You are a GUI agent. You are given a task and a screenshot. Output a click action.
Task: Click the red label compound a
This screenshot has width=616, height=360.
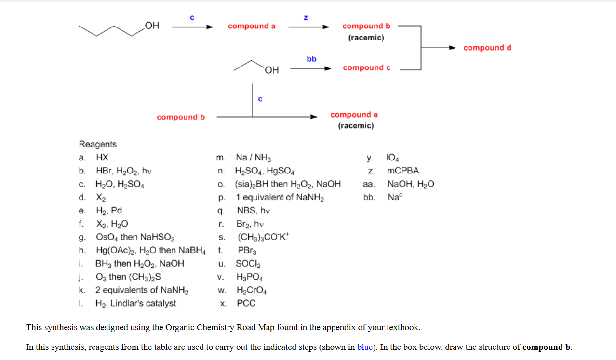[x=252, y=26]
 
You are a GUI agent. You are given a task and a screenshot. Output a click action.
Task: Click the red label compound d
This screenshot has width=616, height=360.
[x=487, y=48]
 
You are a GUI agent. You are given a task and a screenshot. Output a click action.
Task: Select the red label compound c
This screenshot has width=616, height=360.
[x=366, y=68]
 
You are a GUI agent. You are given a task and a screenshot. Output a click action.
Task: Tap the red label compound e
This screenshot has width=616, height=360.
[x=354, y=115]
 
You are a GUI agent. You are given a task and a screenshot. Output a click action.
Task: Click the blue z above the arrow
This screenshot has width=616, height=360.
[x=306, y=18]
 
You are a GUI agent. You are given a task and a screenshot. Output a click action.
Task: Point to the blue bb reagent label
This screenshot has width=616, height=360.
[x=311, y=59]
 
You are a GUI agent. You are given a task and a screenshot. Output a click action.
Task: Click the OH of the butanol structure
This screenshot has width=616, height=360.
[x=152, y=25]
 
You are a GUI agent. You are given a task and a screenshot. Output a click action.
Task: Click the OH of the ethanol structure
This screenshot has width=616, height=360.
[x=272, y=70]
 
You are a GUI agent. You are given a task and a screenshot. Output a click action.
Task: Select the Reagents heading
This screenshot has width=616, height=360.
[x=97, y=144]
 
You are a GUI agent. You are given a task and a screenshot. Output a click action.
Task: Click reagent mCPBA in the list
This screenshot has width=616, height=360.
[x=403, y=171]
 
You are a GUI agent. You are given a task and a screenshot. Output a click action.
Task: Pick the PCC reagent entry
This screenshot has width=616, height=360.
[x=246, y=303]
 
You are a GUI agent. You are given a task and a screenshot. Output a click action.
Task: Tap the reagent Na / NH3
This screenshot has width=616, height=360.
[x=254, y=158]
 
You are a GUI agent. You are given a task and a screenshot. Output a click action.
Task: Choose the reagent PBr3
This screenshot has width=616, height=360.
[x=247, y=250]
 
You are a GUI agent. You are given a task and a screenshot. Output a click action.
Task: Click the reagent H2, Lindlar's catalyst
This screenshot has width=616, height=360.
[x=135, y=303]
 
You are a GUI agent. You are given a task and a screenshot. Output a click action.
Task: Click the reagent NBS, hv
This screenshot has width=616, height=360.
[x=254, y=211]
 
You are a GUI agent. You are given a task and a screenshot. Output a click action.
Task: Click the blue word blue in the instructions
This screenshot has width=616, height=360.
[x=365, y=347]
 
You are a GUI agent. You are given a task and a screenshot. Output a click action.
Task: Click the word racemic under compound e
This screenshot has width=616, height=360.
[x=356, y=126]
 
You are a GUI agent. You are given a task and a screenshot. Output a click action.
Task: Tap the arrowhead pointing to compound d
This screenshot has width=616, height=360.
[x=452, y=48]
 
